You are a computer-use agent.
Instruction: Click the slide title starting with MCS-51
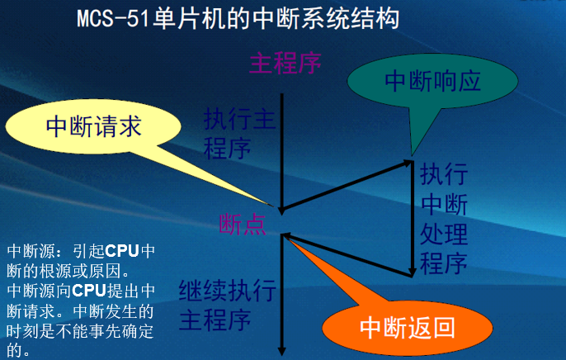238,18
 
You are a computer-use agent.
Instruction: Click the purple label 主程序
285,62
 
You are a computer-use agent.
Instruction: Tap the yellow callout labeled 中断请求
93,126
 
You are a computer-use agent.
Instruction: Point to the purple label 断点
243,223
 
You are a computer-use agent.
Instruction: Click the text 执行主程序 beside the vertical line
238,135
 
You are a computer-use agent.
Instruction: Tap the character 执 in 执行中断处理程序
432,176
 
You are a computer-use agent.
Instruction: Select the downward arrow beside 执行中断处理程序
412,219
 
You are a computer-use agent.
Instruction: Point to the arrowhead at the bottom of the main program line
282,349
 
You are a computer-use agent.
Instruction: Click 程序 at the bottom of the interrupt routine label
444,264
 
